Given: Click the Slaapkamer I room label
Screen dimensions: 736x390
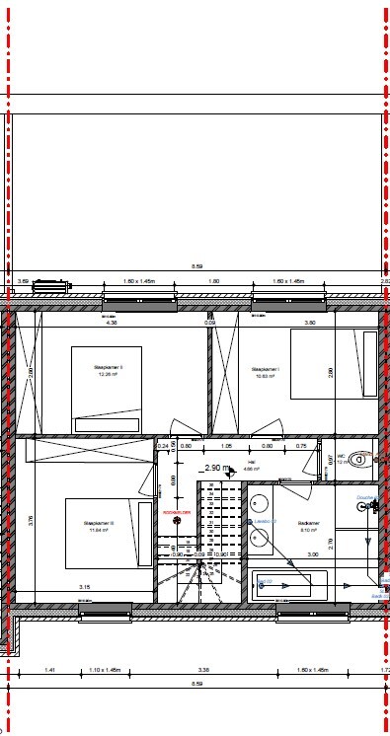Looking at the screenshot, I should tap(265, 370).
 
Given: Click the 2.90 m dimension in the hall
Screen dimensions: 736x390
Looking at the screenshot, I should tap(214, 468).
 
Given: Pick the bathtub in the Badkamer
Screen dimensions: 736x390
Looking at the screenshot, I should tap(288, 585).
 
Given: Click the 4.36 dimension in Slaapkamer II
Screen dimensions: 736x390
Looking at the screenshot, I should tap(112, 322).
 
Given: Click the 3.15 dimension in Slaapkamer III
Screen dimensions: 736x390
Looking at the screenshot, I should tap(85, 587).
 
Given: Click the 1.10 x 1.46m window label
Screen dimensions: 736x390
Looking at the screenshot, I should tap(105, 671).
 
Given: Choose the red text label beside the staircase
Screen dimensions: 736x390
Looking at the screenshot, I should tap(176, 514).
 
